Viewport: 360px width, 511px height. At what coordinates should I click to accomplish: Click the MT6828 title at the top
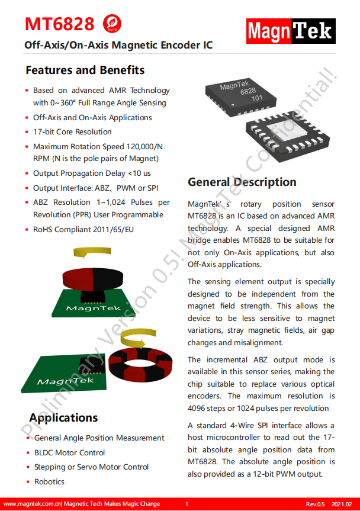pos(59,24)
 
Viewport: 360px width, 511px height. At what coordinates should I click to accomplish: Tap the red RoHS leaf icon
pos(111,24)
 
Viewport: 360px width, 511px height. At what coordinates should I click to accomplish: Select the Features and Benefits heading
pos(85,70)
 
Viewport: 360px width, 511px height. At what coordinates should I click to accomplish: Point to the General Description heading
pos(242,182)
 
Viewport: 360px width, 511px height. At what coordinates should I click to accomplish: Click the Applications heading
pos(63,417)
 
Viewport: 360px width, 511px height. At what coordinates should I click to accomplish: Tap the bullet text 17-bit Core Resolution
pos(72,132)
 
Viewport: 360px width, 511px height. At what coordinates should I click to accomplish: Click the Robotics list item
pos(49,482)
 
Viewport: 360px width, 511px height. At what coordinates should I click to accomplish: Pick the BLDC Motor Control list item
pos(69,453)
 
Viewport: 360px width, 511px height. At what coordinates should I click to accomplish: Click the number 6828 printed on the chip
pos(247,92)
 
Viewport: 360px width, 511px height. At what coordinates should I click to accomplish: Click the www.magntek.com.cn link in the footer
pos(33,504)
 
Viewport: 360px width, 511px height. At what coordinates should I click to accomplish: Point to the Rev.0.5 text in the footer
pos(316,504)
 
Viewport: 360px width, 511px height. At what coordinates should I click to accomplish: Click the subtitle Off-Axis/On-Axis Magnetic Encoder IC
pos(118,45)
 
